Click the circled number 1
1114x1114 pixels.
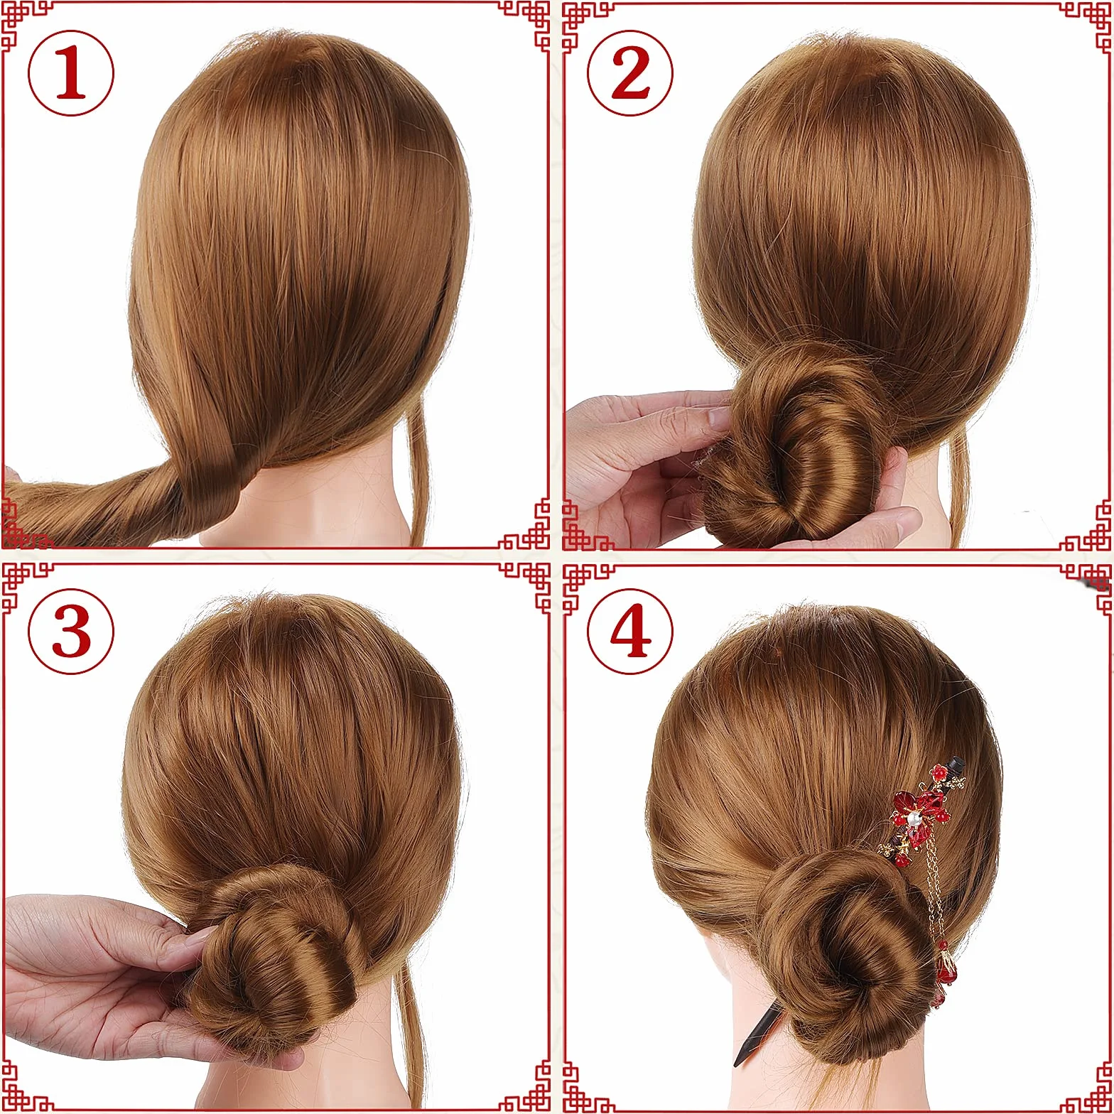[71, 73]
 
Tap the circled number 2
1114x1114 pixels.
[630, 73]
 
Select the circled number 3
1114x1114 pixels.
[71, 632]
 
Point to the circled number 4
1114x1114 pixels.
[630, 632]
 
